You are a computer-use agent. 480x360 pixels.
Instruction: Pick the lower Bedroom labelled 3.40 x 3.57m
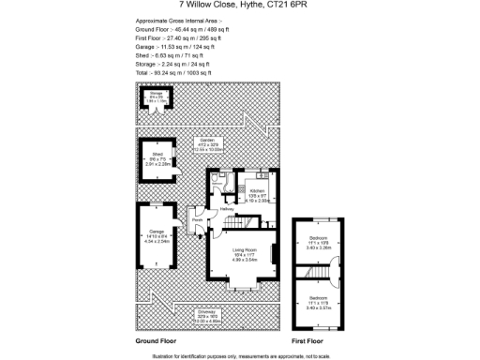click(320, 302)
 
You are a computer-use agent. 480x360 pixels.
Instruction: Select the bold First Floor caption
click(313, 341)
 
